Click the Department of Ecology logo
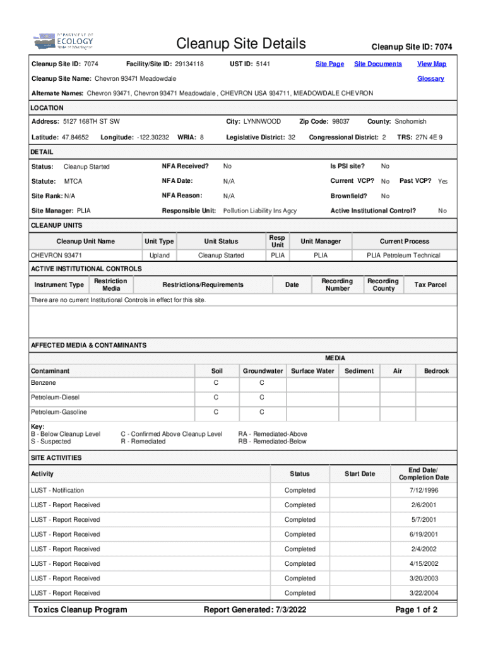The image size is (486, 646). pos(63,42)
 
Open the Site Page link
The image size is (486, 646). pos(329,64)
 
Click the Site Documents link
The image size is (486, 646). pos(377,64)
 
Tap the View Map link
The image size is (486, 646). pos(432,64)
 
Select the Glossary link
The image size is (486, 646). pos(430,79)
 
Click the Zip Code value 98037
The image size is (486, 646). pos(341,121)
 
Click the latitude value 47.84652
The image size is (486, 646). pos(76,137)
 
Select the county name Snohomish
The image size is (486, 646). pos(410,121)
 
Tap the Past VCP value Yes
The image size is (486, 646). pos(443,182)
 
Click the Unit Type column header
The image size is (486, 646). pos(159,242)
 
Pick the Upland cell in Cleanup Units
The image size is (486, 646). pos(159,255)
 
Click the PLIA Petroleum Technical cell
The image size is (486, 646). pos(404,255)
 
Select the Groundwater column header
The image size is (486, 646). pos(263,371)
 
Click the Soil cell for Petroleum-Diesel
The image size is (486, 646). pos(216,397)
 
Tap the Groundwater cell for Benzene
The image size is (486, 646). pos(262,383)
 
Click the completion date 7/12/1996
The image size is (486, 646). pos(424,491)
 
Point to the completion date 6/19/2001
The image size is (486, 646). pos(424,534)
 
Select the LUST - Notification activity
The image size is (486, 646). pos(57,491)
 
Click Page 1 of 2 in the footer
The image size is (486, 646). pos(416,609)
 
